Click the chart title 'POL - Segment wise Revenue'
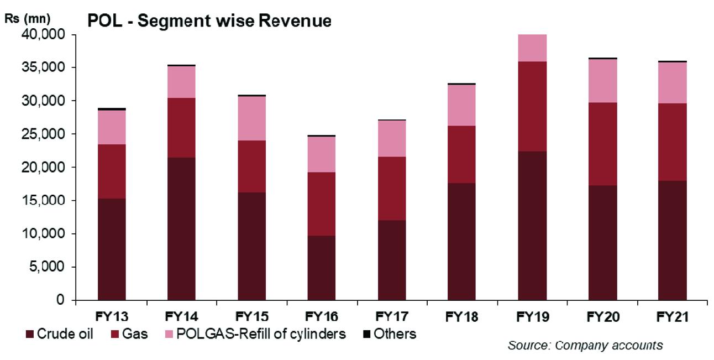(x=209, y=21)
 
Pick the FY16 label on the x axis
(x=322, y=317)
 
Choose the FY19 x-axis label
(x=532, y=317)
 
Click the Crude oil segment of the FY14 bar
(x=181, y=229)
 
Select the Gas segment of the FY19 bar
(x=532, y=106)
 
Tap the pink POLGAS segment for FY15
(x=251, y=118)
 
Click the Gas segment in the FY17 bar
(x=391, y=189)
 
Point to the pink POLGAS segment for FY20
(x=602, y=81)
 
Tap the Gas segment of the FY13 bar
(x=112, y=171)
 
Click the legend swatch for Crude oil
(x=29, y=335)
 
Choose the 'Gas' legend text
(x=135, y=335)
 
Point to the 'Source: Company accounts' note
(x=585, y=346)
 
